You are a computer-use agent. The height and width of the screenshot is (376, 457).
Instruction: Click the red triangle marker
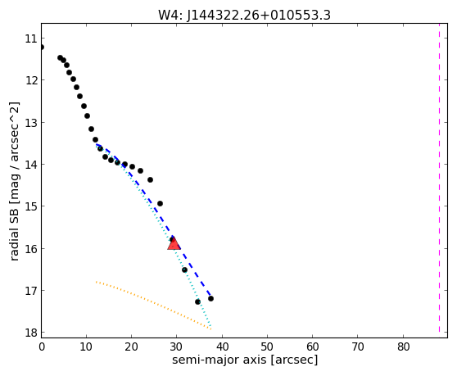(x=174, y=243)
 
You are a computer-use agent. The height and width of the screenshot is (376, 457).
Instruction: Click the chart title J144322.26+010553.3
(x=259, y=16)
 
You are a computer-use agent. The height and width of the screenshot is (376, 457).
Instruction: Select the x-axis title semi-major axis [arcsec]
(x=245, y=360)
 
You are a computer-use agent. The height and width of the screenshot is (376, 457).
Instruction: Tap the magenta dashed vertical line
(x=439, y=179)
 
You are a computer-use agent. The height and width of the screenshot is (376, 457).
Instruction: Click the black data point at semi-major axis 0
(x=42, y=48)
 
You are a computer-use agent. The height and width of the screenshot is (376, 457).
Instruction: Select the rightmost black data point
(x=210, y=298)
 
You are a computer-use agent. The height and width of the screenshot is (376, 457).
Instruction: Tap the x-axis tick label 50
(x=267, y=347)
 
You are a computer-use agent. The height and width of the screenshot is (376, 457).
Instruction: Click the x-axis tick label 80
(x=404, y=347)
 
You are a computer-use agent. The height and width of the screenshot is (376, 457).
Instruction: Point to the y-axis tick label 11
(x=31, y=39)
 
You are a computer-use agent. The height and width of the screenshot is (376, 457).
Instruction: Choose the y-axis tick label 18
(x=31, y=333)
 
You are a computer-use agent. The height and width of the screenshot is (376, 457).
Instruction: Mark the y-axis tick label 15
(x=31, y=206)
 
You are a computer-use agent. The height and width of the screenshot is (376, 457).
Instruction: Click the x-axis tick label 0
(x=42, y=347)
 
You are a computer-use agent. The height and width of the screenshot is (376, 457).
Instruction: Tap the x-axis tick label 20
(x=131, y=347)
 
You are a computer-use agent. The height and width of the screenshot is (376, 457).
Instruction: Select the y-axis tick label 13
(x=31, y=123)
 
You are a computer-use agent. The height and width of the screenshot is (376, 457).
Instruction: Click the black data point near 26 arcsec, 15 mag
(x=160, y=203)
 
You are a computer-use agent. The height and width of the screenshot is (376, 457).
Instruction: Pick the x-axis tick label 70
(x=358, y=347)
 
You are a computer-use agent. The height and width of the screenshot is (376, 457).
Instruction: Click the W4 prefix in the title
(x=170, y=16)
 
